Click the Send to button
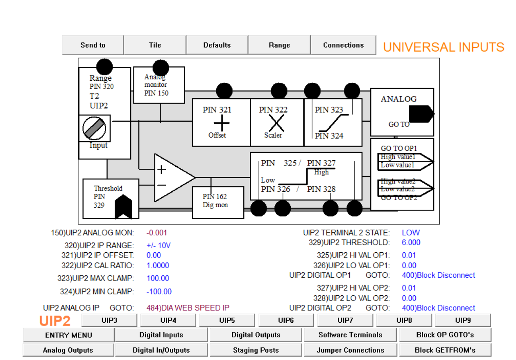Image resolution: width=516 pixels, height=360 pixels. tap(93, 45)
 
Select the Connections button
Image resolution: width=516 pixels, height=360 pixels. tap(343, 45)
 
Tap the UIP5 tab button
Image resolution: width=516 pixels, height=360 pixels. tap(227, 320)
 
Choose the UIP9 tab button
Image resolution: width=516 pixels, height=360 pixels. tap(463, 320)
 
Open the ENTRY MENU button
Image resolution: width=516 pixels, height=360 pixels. tap(68, 335)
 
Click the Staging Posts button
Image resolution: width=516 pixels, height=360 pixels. tap(256, 350)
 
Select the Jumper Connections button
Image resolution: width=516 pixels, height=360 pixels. tap(350, 350)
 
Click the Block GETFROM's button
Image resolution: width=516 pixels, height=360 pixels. tap(445, 350)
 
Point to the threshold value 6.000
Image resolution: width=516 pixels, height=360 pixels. tap(411, 242)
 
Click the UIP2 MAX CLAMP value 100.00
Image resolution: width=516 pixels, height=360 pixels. tap(158, 278)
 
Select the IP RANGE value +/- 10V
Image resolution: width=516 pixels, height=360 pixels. tap(158, 246)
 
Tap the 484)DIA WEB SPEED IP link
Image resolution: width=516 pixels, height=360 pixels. tap(188, 308)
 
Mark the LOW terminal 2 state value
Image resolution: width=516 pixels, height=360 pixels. tap(411, 233)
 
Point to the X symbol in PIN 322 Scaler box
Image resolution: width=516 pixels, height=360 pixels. tap(276, 122)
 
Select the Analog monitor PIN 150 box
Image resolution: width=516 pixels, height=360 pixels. tap(159, 86)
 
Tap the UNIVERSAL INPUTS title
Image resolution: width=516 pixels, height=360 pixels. tap(444, 47)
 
